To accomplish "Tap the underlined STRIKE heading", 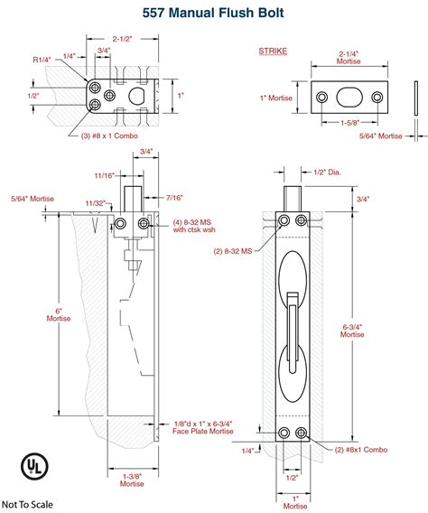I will click(x=273, y=51).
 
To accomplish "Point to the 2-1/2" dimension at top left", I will click(x=123, y=39).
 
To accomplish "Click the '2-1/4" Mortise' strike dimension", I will click(x=349, y=59).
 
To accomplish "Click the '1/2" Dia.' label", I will click(x=328, y=173).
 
